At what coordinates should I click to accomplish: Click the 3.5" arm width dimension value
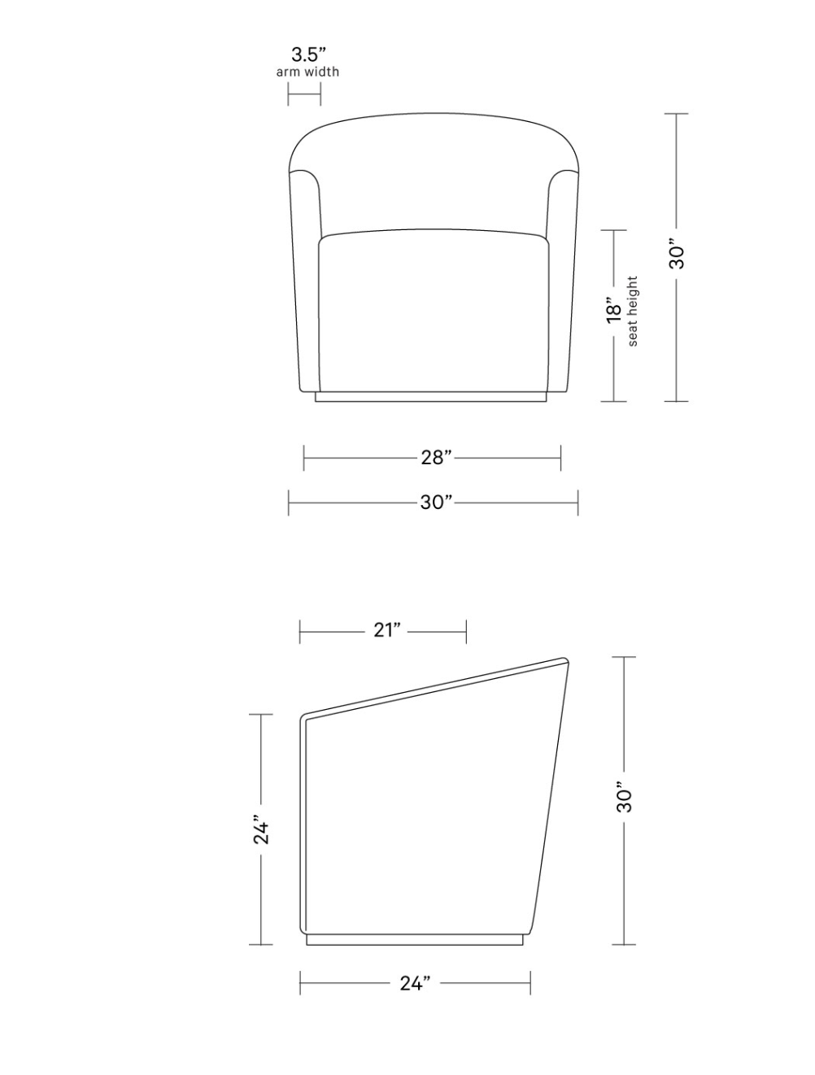308,54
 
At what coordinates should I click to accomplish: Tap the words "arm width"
307,72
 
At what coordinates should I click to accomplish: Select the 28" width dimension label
436,458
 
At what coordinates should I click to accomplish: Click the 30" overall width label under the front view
436,503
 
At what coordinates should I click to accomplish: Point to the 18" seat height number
614,310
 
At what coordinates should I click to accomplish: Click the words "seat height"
633,311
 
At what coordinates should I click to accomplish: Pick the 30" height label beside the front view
677,253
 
